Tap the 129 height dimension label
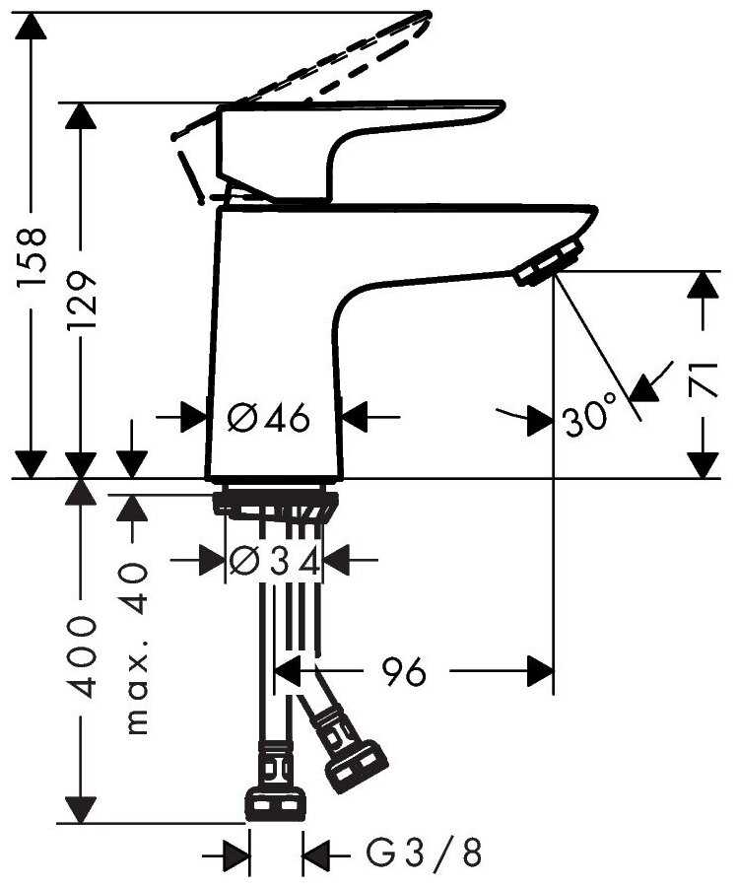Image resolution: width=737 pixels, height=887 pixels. tap(82, 301)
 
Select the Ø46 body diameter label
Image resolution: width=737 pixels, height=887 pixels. tap(269, 418)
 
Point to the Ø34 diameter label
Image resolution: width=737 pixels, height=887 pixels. tap(274, 561)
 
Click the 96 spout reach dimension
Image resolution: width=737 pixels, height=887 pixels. tap(404, 671)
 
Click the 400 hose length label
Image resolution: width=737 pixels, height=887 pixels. tap(82, 656)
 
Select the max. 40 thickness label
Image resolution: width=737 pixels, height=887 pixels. tap(136, 648)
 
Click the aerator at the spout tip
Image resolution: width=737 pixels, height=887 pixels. tap(548, 263)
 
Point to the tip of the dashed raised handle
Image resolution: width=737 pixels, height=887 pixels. tap(426, 15)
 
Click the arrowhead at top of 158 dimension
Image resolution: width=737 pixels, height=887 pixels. tap(33, 25)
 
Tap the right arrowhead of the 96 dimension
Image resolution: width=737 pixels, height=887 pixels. tap(540, 671)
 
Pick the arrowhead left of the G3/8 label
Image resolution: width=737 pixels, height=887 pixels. tap(235, 853)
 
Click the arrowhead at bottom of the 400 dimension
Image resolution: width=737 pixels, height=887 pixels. tap(82, 809)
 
